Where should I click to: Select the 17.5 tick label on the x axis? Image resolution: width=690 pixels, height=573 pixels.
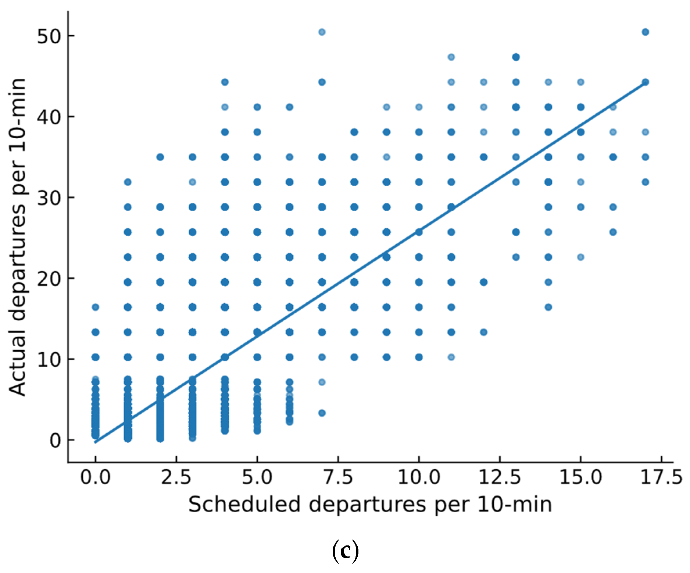pos(661,477)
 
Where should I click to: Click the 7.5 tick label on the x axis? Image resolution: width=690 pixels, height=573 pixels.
pos(337,477)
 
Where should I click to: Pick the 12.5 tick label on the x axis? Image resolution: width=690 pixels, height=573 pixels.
pos(499,477)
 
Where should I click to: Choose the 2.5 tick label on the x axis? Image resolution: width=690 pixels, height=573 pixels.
pos(176,477)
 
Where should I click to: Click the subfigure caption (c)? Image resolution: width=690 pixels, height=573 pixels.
pos(345,551)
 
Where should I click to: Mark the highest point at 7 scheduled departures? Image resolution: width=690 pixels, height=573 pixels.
pos(322,32)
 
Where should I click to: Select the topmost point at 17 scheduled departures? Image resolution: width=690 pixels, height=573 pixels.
pos(645,32)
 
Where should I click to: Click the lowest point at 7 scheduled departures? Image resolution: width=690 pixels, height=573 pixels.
pos(322,413)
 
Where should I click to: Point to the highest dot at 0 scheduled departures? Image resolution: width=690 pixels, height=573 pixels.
pos(95,307)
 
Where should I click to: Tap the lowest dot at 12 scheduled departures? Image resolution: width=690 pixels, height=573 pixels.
pos(483,332)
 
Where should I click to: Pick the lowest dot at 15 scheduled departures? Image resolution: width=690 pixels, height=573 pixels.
pos(580,257)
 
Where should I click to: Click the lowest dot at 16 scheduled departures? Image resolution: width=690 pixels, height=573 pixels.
pos(613,232)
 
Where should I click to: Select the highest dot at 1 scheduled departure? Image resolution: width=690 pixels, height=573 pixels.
pos(128,182)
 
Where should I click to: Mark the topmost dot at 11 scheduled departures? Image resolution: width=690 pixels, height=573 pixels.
pos(451,57)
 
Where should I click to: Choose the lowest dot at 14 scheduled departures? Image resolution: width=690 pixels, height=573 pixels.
pos(548,307)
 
